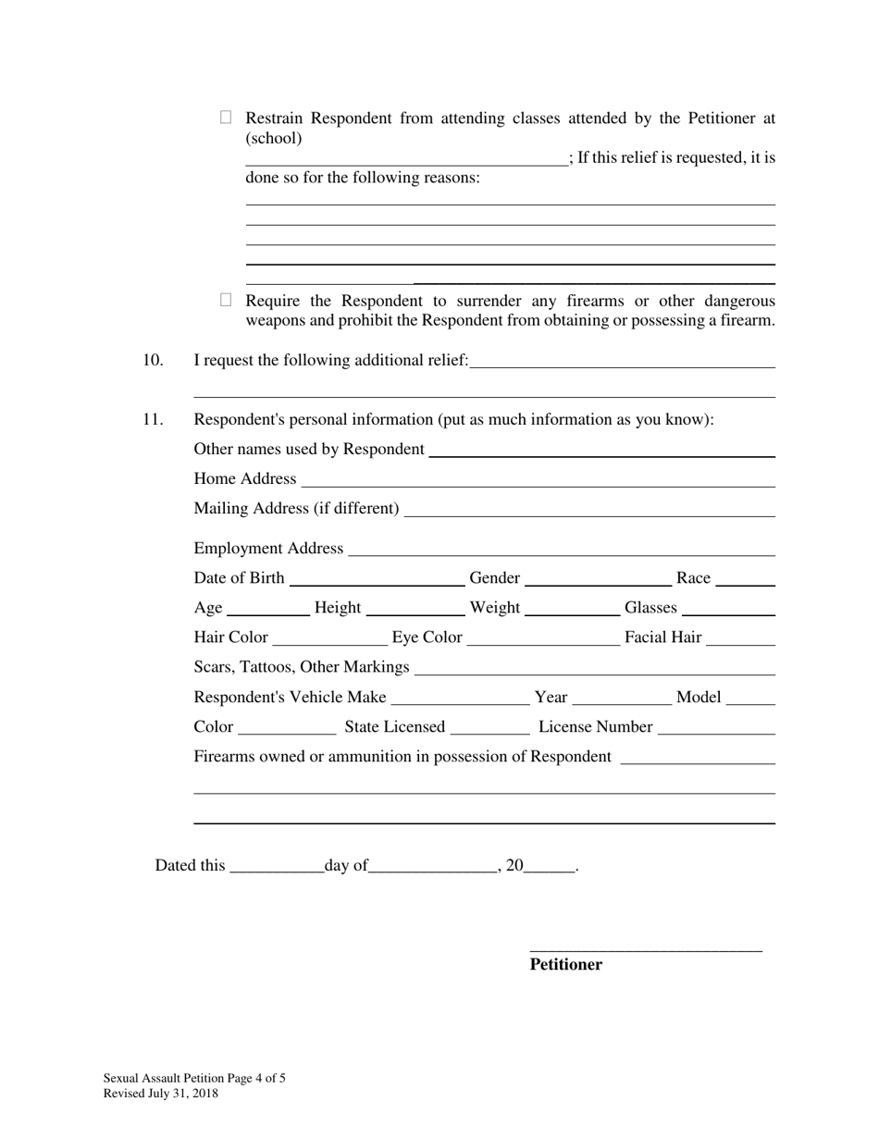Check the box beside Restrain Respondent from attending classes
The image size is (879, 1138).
click(226, 118)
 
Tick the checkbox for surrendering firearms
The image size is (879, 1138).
click(226, 300)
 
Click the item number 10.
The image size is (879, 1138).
click(153, 360)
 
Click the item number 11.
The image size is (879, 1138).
click(153, 419)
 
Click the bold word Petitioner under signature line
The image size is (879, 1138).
click(565, 965)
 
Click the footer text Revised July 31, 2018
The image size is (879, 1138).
click(161, 1094)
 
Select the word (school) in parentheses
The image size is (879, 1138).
click(274, 139)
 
